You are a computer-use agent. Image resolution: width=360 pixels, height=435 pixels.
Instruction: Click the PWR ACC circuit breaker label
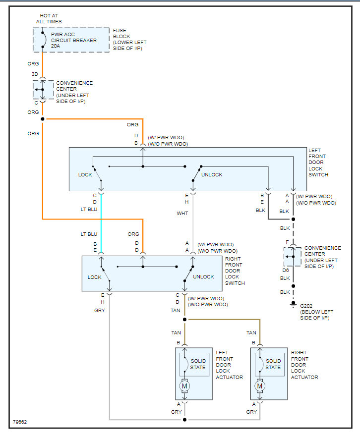[x=74, y=40]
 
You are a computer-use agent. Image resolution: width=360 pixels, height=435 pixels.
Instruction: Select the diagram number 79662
[x=20, y=422]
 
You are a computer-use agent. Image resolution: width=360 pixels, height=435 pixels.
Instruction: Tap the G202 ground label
[x=306, y=306]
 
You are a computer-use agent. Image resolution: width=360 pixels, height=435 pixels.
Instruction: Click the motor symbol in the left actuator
[x=184, y=386]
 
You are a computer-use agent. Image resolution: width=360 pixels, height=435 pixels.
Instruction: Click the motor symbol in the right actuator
[x=260, y=386]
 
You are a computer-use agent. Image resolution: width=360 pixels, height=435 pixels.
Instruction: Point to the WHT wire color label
[x=182, y=213]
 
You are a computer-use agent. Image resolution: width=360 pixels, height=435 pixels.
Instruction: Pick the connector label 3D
[x=35, y=74]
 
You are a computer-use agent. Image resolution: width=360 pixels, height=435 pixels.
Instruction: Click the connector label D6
[x=286, y=270]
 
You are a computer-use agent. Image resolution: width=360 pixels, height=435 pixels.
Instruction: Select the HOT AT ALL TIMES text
[x=49, y=19]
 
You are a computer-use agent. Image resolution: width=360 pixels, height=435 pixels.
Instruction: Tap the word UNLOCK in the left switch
[x=212, y=174]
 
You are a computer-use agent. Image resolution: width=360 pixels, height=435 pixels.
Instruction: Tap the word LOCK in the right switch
[x=95, y=277]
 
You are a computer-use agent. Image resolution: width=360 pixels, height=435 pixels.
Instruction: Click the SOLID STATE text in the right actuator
[x=273, y=364]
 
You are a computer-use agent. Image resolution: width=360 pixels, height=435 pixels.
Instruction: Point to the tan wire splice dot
[x=184, y=320]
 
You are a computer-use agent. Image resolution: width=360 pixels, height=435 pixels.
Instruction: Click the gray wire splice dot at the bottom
[x=184, y=420]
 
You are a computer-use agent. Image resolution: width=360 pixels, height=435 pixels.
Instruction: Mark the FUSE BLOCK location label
[x=129, y=40]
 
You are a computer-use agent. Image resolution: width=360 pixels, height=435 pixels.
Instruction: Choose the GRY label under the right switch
[x=100, y=310]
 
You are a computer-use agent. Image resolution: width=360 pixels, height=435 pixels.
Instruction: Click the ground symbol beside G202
[x=294, y=304]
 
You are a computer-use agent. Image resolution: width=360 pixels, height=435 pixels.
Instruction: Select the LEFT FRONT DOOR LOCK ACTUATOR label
[x=229, y=365]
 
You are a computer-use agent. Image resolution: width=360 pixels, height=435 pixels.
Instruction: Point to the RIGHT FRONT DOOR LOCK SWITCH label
[x=235, y=271]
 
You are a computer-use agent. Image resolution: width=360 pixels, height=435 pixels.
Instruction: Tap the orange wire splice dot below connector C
[x=43, y=119]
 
